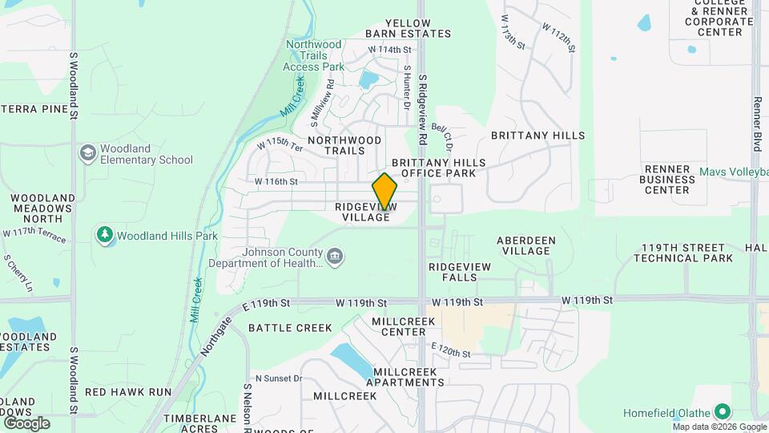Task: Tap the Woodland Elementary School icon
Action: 87,153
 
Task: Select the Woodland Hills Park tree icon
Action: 104,236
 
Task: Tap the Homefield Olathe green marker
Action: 723,413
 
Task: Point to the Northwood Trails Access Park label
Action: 313,55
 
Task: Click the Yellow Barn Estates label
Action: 409,29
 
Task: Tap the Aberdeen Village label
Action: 524,245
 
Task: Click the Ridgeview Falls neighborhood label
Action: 453,272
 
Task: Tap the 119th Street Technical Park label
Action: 683,253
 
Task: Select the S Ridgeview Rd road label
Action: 423,103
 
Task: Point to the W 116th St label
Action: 276,182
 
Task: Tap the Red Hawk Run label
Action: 128,392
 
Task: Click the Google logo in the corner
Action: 27,423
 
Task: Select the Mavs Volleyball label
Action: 733,172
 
